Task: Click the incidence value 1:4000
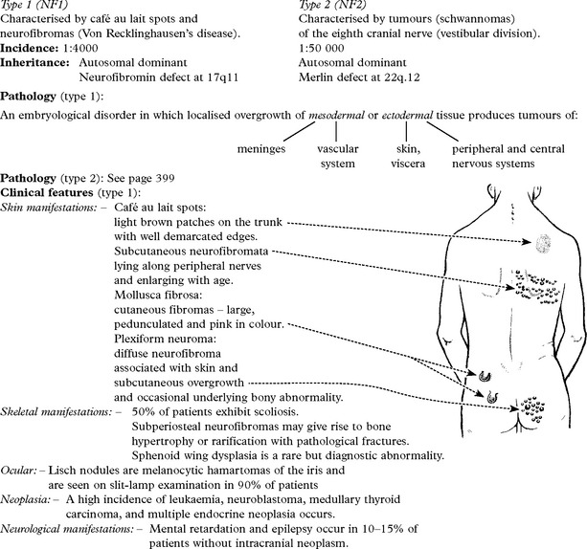pyautogui.click(x=79, y=48)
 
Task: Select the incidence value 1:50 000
pyautogui.click(x=321, y=48)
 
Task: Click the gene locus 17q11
pyautogui.click(x=223, y=77)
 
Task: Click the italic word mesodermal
pyautogui.click(x=336, y=115)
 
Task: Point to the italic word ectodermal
pyautogui.click(x=408, y=115)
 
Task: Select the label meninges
pyautogui.click(x=261, y=149)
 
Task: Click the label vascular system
pyautogui.click(x=338, y=156)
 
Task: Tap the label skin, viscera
pyautogui.click(x=408, y=156)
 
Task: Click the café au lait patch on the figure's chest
pyautogui.click(x=543, y=243)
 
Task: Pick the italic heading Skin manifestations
pyautogui.click(x=49, y=208)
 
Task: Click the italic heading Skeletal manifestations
pyautogui.click(x=56, y=412)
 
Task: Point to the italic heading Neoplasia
pyautogui.click(x=26, y=499)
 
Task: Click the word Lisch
pyautogui.click(x=60, y=471)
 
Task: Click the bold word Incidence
pyautogui.click(x=29, y=48)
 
